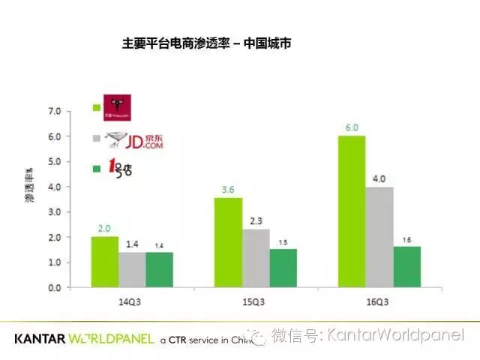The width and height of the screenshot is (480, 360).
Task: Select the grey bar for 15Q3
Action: (x=256, y=258)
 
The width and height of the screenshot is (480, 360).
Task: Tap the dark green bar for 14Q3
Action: (x=160, y=269)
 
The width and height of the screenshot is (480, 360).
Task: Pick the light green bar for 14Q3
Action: (x=104, y=262)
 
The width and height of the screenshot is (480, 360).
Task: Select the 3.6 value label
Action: (x=228, y=189)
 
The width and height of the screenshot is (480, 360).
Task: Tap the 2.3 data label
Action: (x=256, y=220)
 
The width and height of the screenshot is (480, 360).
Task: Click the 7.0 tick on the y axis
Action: (x=55, y=111)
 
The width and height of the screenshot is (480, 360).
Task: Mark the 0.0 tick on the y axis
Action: (x=55, y=288)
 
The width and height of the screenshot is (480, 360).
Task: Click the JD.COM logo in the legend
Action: (x=134, y=139)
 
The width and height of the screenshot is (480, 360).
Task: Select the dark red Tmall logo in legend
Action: (x=118, y=108)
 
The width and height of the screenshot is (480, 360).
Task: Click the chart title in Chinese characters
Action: (x=206, y=44)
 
